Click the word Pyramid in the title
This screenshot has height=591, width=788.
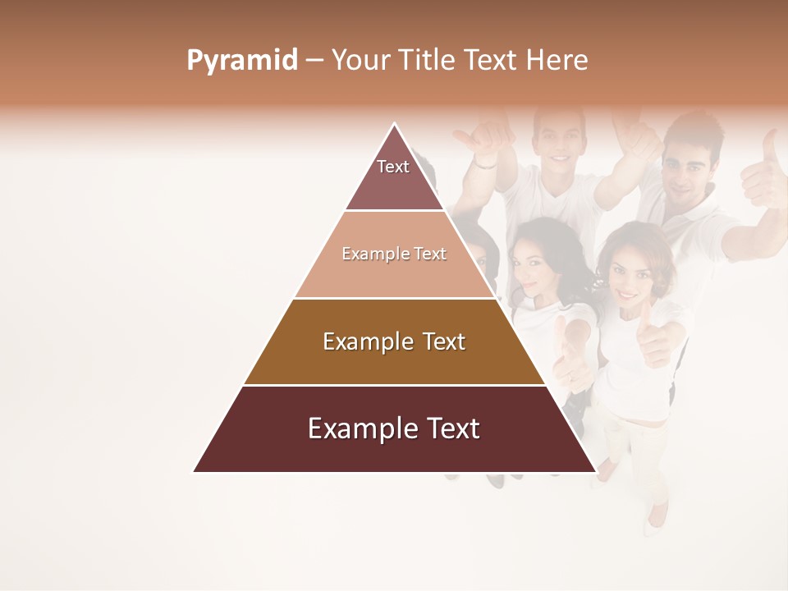(x=242, y=61)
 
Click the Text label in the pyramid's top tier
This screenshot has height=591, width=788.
(x=393, y=167)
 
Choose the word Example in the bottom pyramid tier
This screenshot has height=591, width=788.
(x=360, y=428)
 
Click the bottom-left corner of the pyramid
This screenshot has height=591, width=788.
(x=194, y=472)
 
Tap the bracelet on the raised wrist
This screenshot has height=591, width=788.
(x=485, y=163)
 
